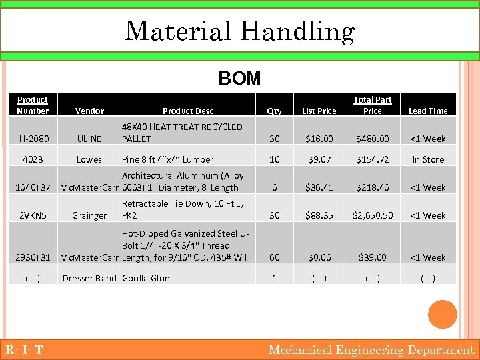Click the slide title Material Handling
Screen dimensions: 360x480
coord(239,31)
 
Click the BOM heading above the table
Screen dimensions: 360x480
coord(239,79)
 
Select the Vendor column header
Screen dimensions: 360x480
coord(89,111)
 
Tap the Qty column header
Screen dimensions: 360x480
coord(274,111)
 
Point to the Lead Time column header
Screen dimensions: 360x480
coord(428,111)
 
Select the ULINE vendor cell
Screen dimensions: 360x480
coord(89,139)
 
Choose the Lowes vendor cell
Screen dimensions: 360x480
coord(89,159)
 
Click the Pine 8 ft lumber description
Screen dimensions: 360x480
coord(167,159)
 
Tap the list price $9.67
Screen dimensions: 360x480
coord(319,159)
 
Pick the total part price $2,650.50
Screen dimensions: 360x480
coord(373,215)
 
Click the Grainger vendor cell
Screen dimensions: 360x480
coord(89,215)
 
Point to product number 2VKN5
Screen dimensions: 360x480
coord(33,215)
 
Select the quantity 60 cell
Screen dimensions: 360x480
coord(274,257)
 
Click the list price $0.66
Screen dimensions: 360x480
coord(319,257)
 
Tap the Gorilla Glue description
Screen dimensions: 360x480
coord(145,278)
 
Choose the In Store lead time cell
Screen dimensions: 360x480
coord(428,159)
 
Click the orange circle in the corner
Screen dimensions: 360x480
coord(442,315)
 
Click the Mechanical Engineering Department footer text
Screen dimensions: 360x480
coord(371,350)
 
